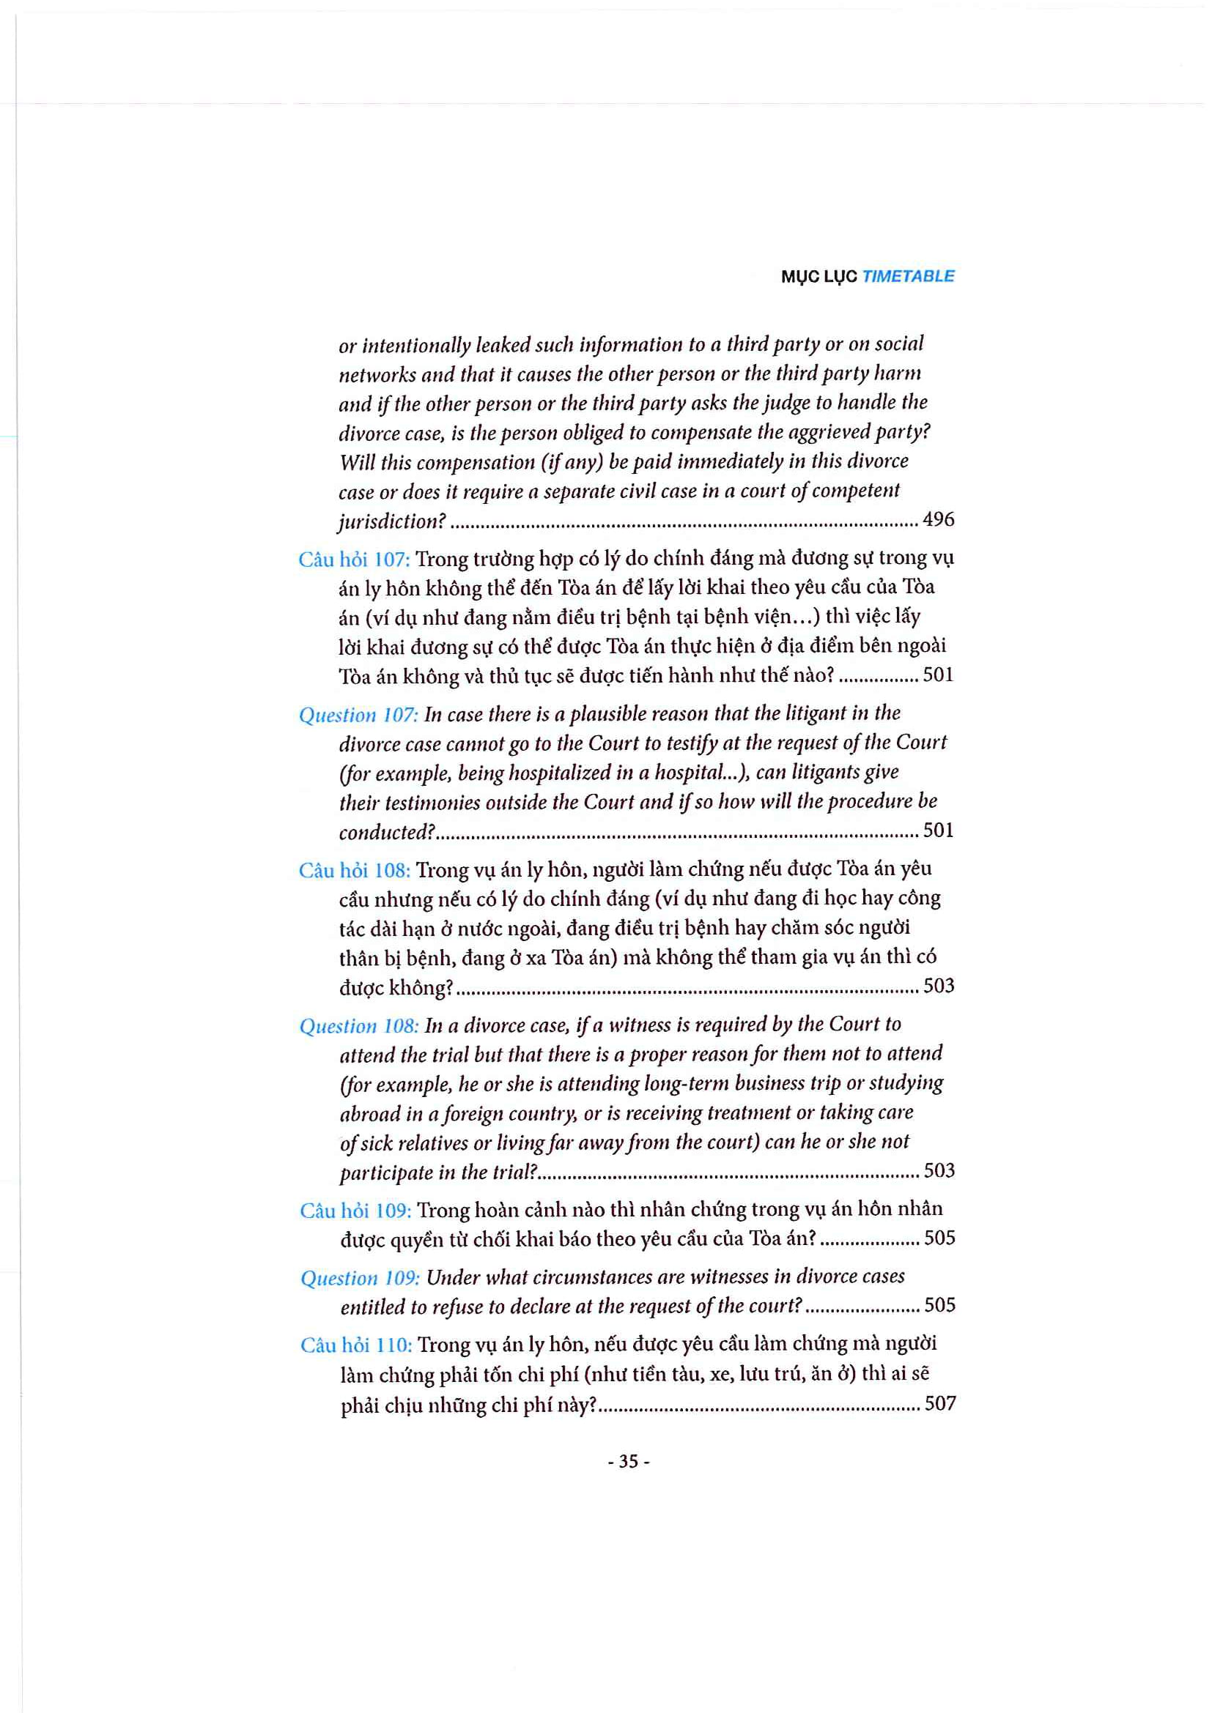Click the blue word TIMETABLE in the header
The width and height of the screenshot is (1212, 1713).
[x=907, y=276]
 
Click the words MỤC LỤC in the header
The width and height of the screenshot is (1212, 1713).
[x=819, y=277]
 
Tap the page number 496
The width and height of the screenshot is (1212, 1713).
[x=938, y=519]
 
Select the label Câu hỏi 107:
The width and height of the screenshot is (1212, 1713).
[x=354, y=559]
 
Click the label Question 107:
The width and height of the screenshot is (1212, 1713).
[x=358, y=715]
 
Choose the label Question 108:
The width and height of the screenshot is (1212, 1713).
[x=359, y=1026]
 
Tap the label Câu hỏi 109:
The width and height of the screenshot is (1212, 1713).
[x=355, y=1210]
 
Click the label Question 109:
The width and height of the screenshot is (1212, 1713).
[x=360, y=1278]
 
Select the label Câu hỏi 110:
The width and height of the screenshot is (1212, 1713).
[x=356, y=1345]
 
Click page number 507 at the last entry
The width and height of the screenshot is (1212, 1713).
[x=939, y=1403]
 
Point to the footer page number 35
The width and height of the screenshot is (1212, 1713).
[x=629, y=1462]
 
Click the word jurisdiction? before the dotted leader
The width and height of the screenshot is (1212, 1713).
[x=392, y=521]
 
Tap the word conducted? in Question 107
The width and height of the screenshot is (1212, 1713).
[x=387, y=832]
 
